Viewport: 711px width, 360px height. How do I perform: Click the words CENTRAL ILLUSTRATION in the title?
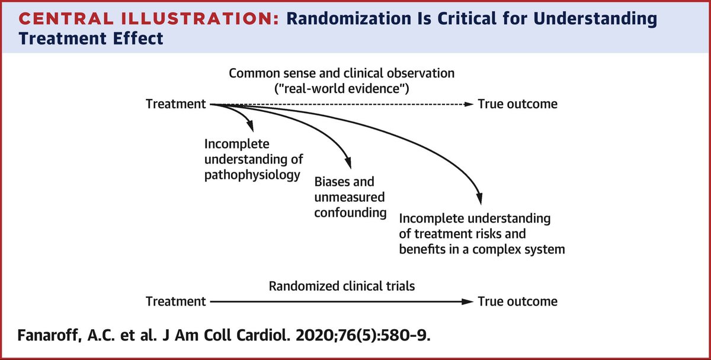pos(142,18)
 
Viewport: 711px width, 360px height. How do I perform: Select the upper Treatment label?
pos(175,104)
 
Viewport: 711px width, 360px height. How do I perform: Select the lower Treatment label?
pos(175,301)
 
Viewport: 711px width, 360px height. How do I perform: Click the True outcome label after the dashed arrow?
pos(517,104)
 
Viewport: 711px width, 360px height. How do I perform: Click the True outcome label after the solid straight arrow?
pos(517,301)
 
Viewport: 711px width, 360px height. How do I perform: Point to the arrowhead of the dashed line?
pos(469,105)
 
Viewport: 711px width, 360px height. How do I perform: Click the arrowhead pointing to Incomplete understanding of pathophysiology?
pos(251,127)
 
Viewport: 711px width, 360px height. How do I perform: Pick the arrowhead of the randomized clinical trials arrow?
pos(469,302)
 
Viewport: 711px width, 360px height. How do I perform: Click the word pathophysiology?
pos(251,175)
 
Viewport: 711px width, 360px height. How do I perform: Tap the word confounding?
pos(351,212)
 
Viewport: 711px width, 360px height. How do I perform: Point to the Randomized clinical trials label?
pos(342,286)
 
